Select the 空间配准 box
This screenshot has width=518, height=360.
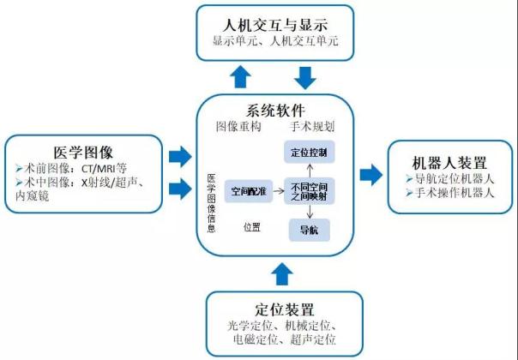245,190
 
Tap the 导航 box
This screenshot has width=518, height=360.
308,229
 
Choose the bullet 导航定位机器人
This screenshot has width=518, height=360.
449,179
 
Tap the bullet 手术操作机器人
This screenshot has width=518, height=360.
449,194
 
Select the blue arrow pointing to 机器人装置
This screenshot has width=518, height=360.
371,176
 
